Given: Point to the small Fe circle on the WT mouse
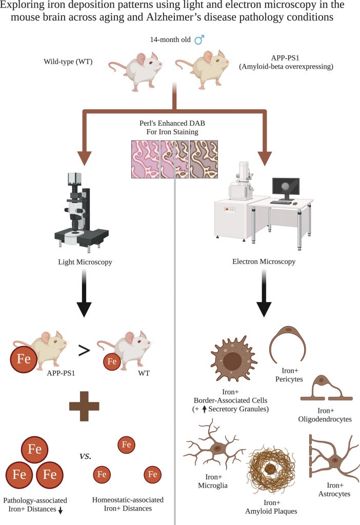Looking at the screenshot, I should point(112,361).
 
